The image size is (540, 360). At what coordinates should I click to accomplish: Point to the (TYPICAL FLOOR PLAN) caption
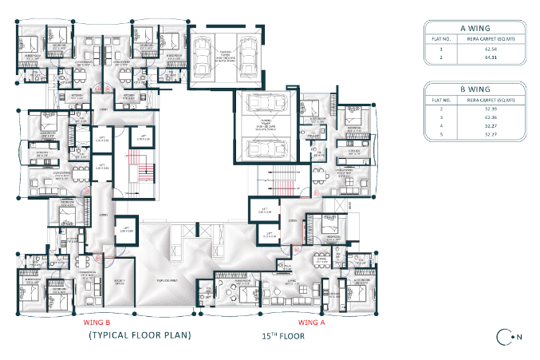click(x=140, y=335)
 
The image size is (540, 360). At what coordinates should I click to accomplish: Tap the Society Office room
click(x=122, y=282)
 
